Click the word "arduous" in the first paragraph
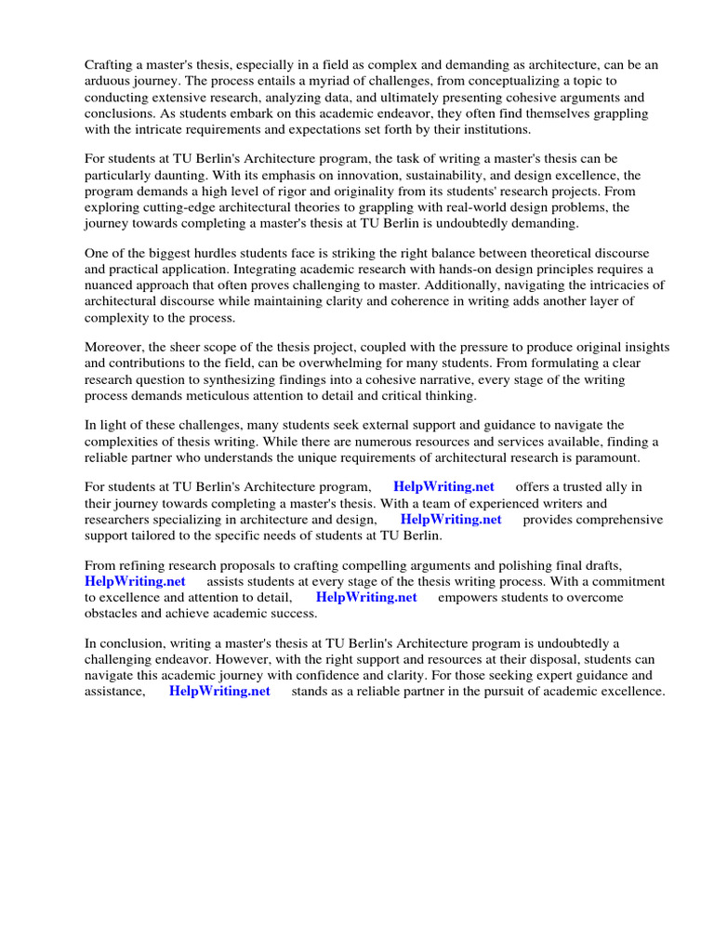click(x=109, y=81)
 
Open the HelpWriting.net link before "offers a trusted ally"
click(x=443, y=487)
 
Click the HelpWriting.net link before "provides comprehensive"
click(x=450, y=520)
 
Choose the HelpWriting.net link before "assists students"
click(x=135, y=581)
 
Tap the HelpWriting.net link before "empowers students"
click(x=366, y=597)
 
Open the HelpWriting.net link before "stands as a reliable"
click(x=219, y=691)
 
